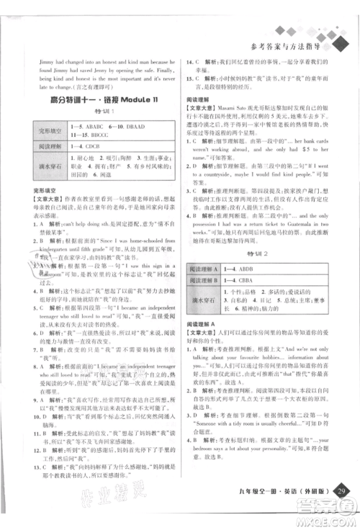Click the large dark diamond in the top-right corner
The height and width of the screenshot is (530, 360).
tap(338, 43)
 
